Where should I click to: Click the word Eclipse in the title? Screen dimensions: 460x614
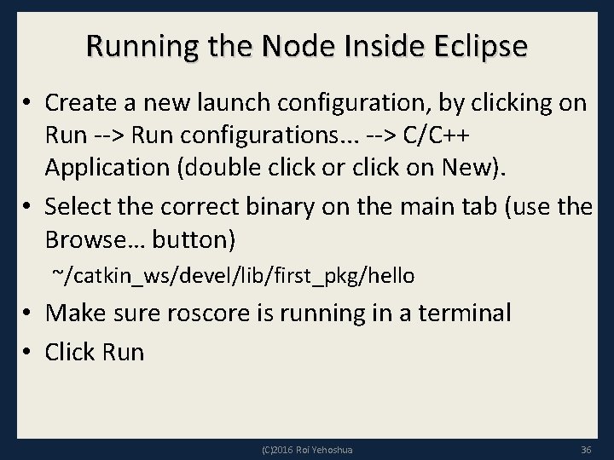(478, 46)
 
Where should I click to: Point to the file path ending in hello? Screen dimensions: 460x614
(233, 275)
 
